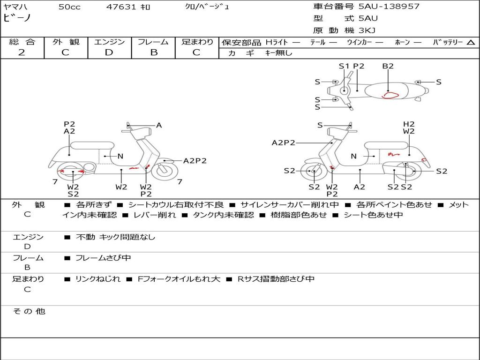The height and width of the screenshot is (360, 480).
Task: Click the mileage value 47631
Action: click(x=121, y=7)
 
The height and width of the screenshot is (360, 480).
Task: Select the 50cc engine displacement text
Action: click(x=69, y=7)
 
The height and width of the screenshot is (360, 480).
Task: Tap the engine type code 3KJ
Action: click(x=367, y=30)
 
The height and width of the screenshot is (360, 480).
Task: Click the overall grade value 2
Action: click(x=22, y=52)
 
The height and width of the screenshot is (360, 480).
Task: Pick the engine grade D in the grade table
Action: click(x=109, y=52)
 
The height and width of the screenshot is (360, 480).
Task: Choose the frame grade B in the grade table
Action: click(x=154, y=52)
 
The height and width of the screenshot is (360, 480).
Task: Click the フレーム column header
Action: click(x=153, y=42)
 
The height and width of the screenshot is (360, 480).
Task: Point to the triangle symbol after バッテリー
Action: click(x=471, y=42)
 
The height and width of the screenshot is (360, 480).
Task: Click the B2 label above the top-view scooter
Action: click(x=388, y=66)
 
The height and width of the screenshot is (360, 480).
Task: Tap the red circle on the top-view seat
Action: click(x=390, y=95)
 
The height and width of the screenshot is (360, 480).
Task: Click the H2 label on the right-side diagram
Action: click(x=409, y=124)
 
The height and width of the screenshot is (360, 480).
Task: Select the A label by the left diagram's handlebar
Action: click(x=159, y=125)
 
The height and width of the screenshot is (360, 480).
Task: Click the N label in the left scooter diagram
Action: click(x=120, y=156)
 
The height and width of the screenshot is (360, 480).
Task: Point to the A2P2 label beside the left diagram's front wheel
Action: click(x=195, y=161)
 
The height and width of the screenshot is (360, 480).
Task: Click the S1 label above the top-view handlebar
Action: click(x=344, y=66)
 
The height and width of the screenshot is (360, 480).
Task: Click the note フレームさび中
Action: click(x=103, y=258)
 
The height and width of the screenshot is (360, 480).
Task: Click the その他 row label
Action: click(x=29, y=311)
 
